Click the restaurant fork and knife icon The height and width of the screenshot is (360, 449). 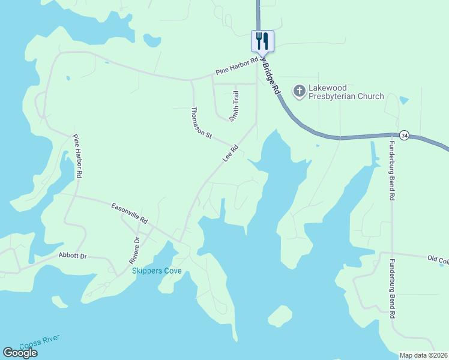tap(262, 41)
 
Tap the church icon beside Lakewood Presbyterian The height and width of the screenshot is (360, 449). tap(299, 92)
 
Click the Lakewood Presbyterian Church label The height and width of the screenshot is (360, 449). tap(346, 92)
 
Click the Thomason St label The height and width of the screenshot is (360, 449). tap(202, 122)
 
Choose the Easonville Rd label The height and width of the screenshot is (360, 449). tap(130, 213)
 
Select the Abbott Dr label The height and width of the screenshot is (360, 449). tap(73, 256)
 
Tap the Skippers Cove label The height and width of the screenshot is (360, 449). tap(157, 271)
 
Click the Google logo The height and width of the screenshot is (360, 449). tap(20, 353)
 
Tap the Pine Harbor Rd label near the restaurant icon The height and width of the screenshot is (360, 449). tap(237, 67)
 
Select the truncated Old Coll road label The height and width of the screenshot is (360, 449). tap(438, 259)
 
